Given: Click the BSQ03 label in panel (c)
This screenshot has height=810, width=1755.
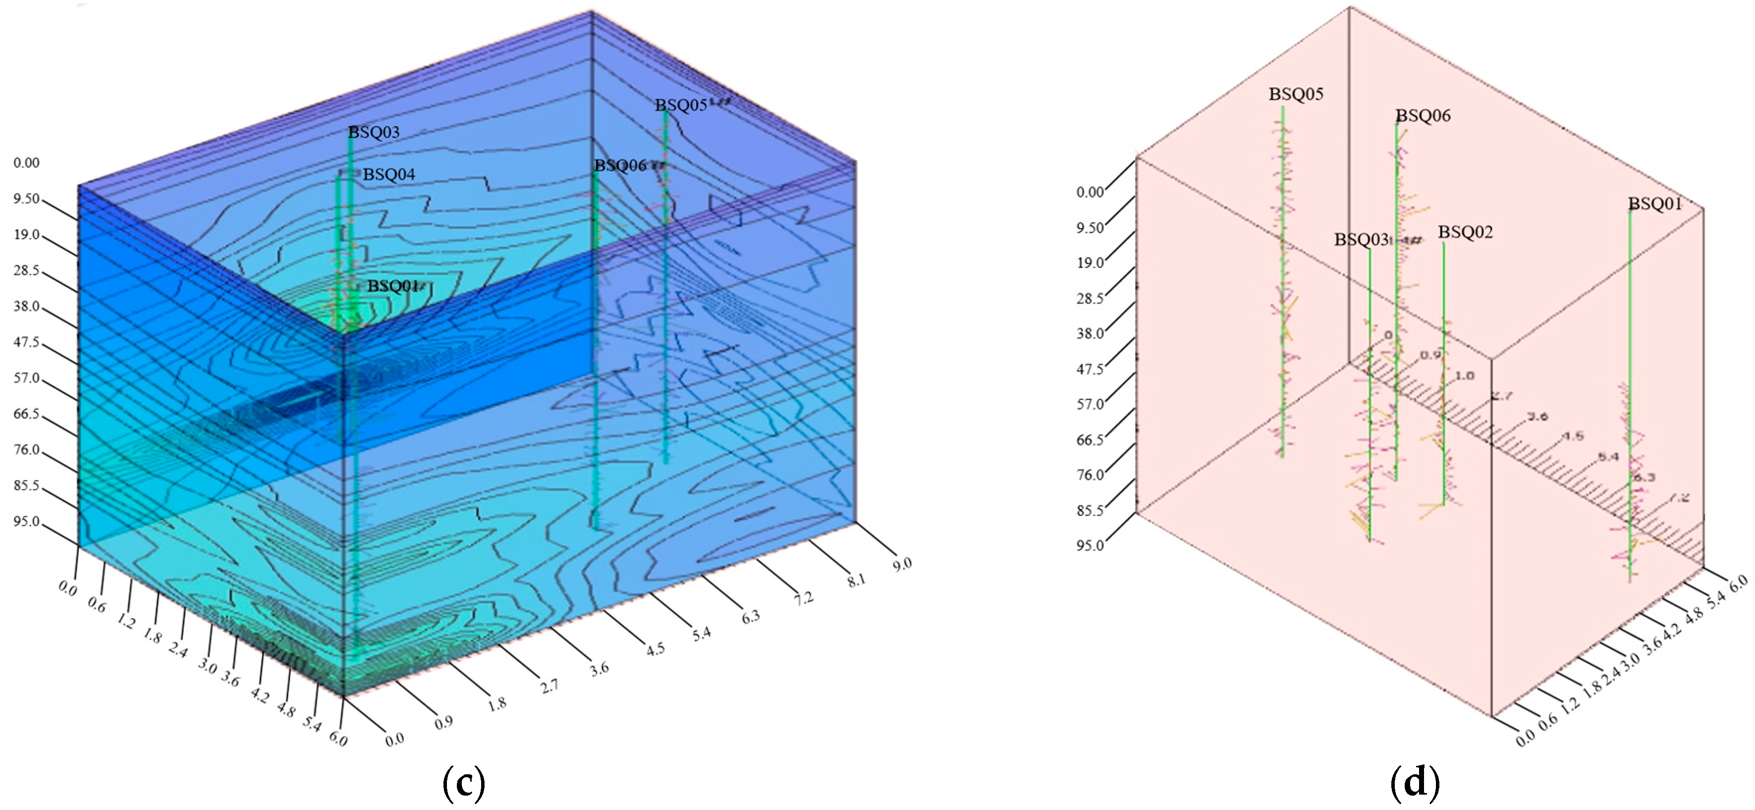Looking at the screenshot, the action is pos(374,132).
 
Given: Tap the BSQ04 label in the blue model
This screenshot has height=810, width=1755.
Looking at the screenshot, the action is pos(388,175).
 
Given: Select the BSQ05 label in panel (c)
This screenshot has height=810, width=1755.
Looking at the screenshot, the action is pos(681,106).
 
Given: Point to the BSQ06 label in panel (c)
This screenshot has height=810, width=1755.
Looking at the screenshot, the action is pos(620,166).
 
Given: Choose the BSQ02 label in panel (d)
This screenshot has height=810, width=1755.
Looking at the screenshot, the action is pos(1465,233).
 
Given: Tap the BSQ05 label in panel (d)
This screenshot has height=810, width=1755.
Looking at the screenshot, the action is pos(1296,94).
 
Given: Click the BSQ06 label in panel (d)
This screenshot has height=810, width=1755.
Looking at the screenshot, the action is pos(1423,116).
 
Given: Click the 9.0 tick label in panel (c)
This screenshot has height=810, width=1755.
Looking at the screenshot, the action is pos(901,564).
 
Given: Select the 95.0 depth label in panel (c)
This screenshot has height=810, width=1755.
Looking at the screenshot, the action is pos(27,522).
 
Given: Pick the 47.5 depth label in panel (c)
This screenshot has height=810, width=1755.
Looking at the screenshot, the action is pos(27,342).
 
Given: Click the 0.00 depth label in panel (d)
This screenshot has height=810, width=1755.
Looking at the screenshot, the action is pos(1090,192).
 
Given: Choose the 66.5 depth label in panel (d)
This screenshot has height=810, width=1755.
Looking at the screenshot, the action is pos(1090,440).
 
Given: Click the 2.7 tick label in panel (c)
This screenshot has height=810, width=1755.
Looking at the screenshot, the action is pos(549,686).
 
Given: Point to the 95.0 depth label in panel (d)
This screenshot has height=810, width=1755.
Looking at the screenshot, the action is pos(1090,546).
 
